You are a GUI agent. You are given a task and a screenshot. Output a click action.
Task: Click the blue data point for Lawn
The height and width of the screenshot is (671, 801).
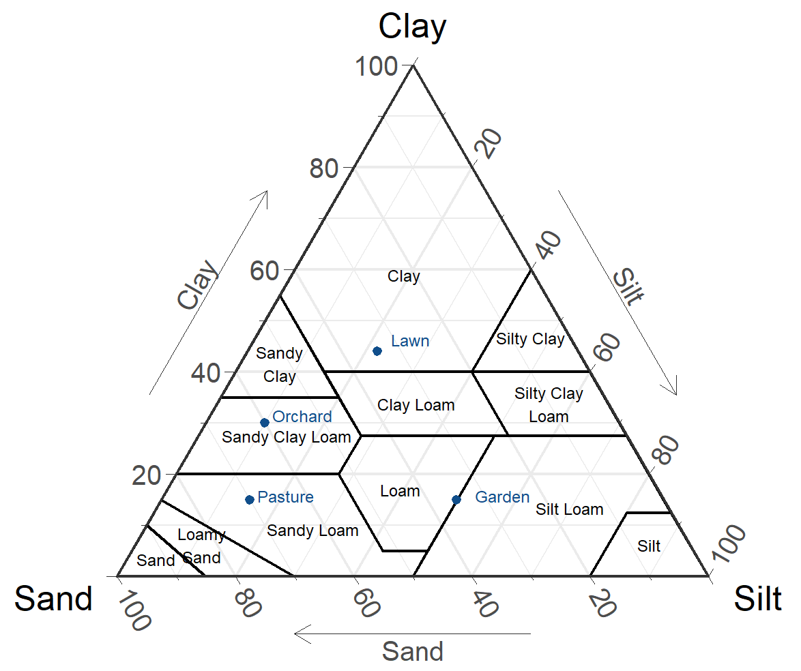pyautogui.click(x=377, y=351)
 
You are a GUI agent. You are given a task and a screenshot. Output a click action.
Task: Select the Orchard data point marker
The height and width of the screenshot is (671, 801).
pyautogui.click(x=265, y=422)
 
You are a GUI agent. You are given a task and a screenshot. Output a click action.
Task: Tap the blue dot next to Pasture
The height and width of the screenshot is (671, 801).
pyautogui.click(x=250, y=499)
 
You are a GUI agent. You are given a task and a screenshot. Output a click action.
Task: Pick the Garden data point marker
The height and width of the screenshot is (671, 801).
pyautogui.click(x=456, y=499)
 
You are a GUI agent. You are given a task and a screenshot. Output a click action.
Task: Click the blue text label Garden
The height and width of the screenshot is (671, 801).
pyautogui.click(x=502, y=497)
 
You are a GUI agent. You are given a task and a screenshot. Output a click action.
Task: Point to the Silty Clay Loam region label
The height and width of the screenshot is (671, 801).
pyautogui.click(x=549, y=405)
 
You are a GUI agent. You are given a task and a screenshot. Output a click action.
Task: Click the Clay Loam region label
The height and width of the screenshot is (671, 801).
pyautogui.click(x=416, y=405)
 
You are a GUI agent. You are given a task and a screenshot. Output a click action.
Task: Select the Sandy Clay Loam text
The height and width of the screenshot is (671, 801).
pyautogui.click(x=286, y=438)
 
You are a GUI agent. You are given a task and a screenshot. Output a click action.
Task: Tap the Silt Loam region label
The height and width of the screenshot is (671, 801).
pyautogui.click(x=570, y=509)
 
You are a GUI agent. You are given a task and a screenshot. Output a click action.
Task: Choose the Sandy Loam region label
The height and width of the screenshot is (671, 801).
pyautogui.click(x=312, y=531)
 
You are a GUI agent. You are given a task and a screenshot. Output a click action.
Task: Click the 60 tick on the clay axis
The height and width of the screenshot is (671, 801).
pyautogui.click(x=264, y=271)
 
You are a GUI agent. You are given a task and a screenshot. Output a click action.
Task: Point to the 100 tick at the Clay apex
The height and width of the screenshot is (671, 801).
pyautogui.click(x=377, y=66)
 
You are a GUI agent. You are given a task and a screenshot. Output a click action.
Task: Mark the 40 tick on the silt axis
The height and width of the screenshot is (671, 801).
pyautogui.click(x=548, y=245)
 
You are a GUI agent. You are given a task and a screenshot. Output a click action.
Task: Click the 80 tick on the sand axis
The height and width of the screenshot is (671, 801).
pyautogui.click(x=248, y=603)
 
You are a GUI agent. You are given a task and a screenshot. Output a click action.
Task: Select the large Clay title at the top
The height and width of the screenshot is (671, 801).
pyautogui.click(x=412, y=27)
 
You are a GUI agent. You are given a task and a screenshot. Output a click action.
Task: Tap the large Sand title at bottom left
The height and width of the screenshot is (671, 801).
pyautogui.click(x=53, y=599)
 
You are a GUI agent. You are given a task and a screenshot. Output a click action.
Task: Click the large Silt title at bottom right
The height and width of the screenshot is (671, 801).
pyautogui.click(x=757, y=599)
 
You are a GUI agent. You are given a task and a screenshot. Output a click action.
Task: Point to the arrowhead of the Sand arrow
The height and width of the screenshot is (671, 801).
pyautogui.click(x=295, y=633)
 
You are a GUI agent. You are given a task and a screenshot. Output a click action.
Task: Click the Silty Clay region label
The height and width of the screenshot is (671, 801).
pyautogui.click(x=530, y=339)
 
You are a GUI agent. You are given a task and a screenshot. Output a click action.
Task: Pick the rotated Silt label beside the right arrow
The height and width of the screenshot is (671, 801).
pyautogui.click(x=628, y=286)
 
